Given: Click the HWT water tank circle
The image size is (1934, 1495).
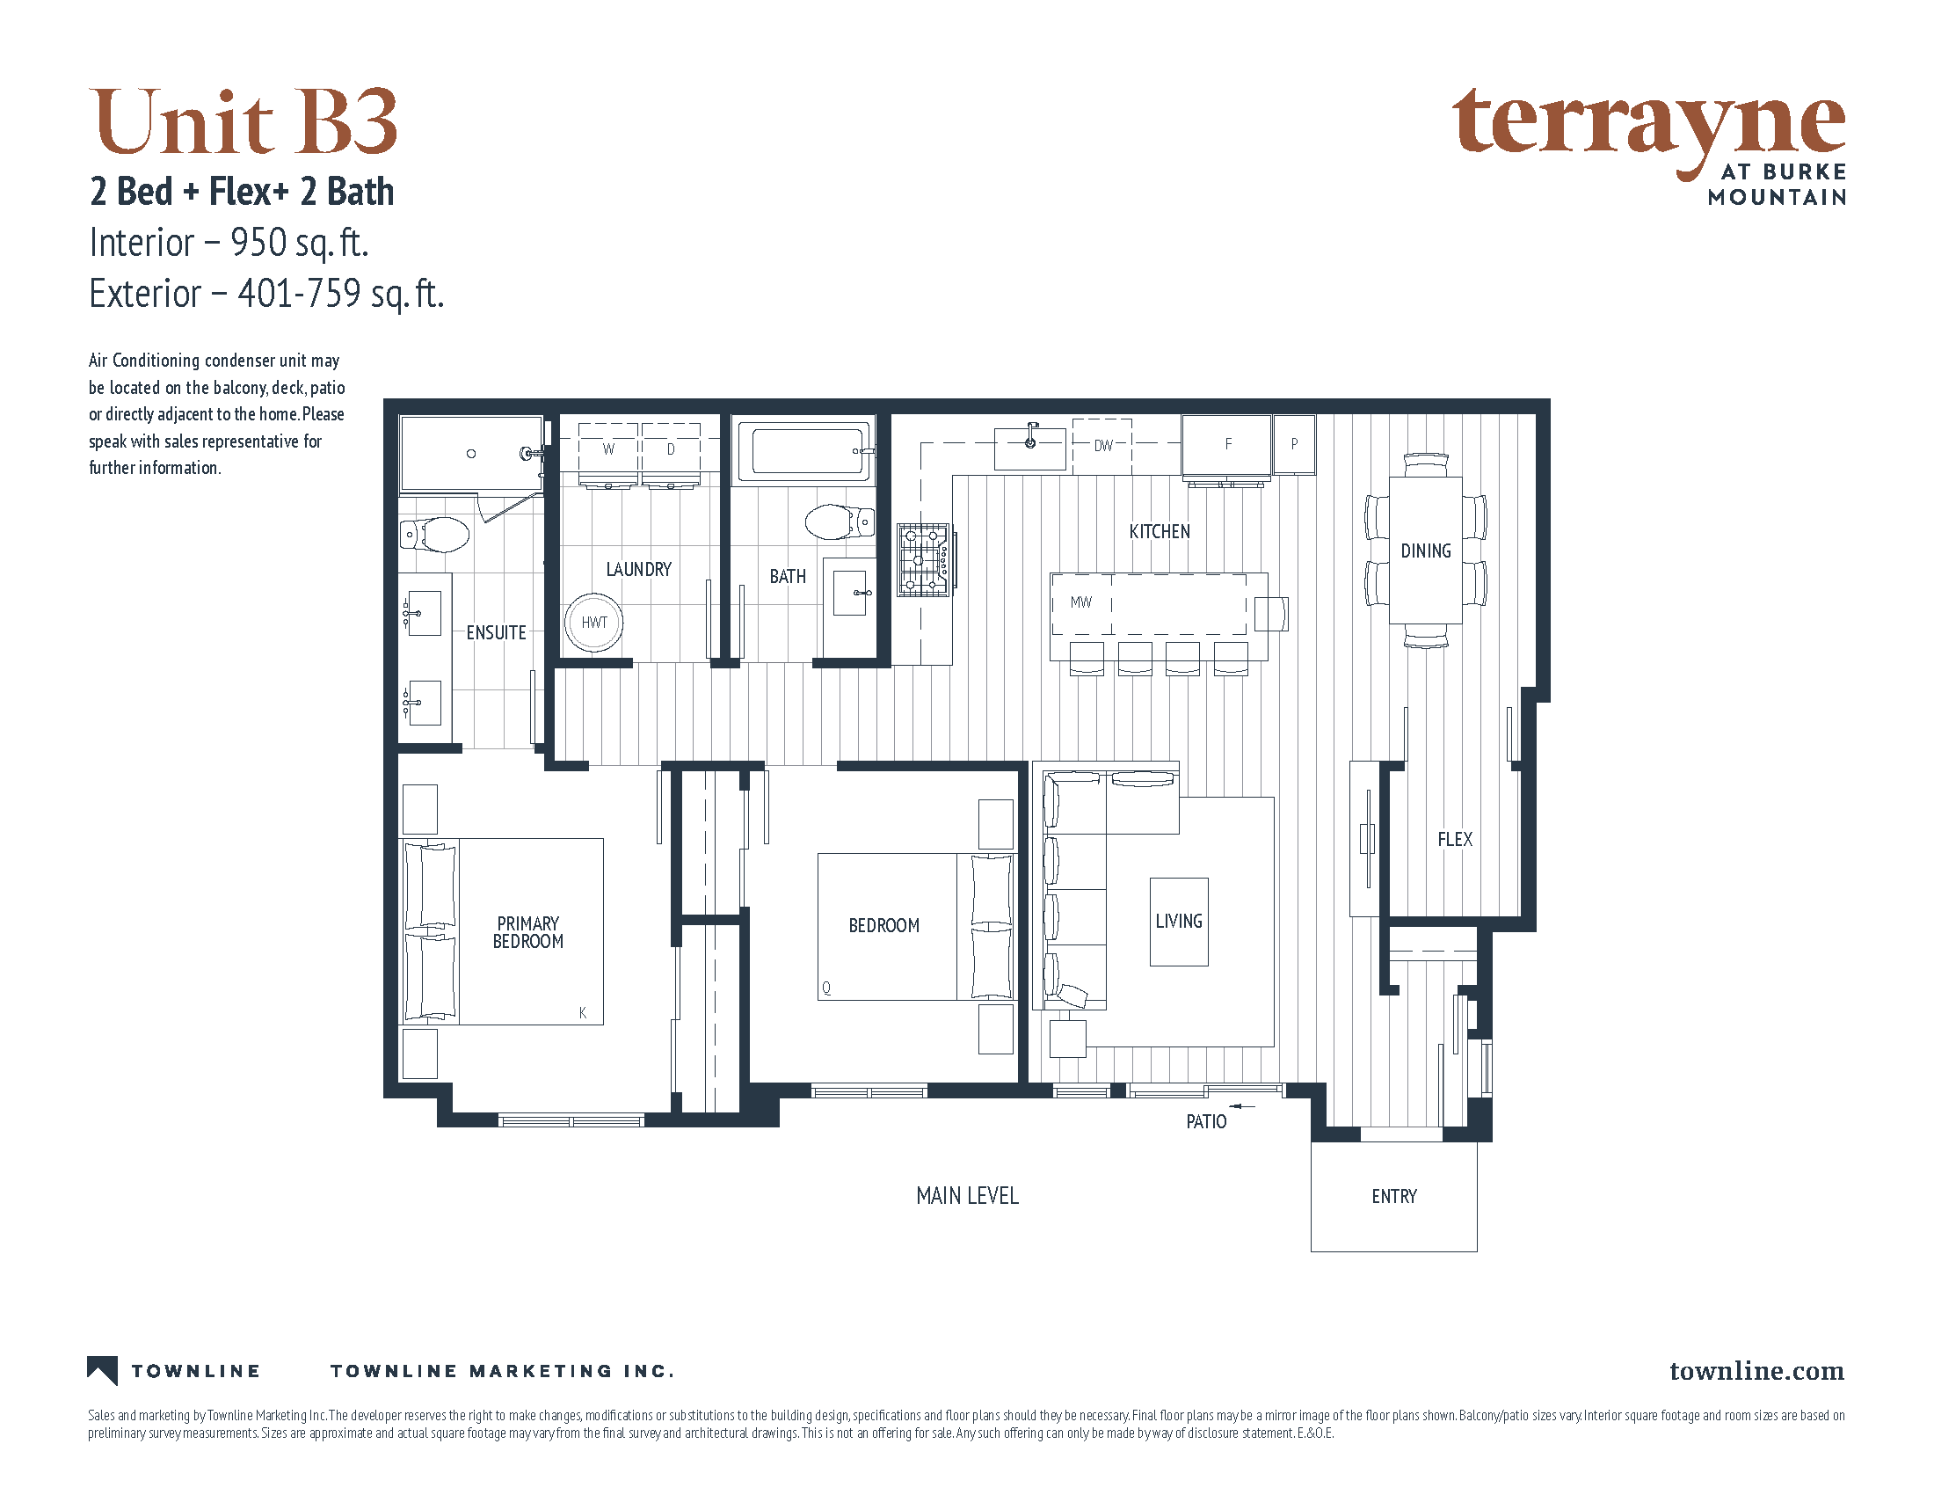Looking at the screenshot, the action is click(x=593, y=622).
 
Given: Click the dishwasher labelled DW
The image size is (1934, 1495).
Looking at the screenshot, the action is click(x=1102, y=446).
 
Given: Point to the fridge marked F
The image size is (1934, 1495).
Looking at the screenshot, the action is click(x=1226, y=445).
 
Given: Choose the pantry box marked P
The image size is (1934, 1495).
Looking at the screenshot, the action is click(x=1294, y=444).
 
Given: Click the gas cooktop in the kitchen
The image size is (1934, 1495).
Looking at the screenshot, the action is click(x=924, y=558).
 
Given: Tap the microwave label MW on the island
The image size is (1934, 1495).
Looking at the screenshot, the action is click(x=1080, y=602).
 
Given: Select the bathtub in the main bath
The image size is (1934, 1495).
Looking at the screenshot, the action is click(x=806, y=452).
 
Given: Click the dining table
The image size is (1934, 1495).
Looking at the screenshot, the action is click(x=1425, y=550).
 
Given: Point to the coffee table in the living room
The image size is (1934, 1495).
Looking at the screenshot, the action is click(x=1179, y=921).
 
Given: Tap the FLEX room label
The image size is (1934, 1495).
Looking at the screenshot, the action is click(x=1455, y=839).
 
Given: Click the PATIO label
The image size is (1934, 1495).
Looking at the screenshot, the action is click(x=1206, y=1121).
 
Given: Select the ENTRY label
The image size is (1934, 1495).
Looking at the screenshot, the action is click(x=1394, y=1197).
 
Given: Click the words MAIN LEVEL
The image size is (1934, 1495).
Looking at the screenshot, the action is click(x=967, y=1196).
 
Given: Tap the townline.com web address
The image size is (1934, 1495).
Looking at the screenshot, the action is click(x=1757, y=1371).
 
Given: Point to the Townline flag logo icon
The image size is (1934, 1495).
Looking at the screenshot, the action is click(x=103, y=1370).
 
